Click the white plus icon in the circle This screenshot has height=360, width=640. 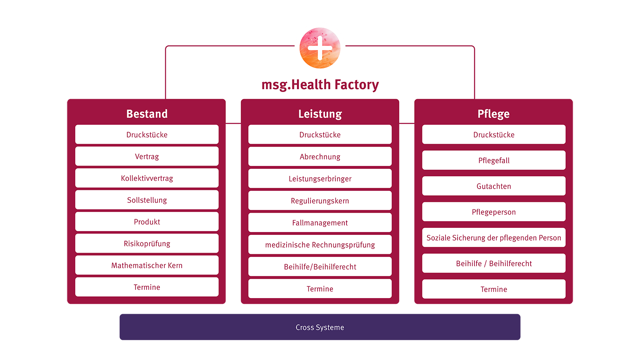[x=320, y=48]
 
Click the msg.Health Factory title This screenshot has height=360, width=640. [x=320, y=85]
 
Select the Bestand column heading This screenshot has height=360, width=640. [x=147, y=114]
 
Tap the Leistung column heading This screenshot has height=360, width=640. [x=320, y=114]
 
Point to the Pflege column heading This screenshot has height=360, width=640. [x=493, y=114]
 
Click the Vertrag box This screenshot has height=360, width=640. [x=147, y=156]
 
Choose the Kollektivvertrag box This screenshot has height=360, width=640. [x=147, y=178]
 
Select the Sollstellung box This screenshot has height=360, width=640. [x=147, y=200]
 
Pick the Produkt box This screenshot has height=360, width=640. [x=147, y=222]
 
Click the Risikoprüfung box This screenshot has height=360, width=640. [x=147, y=244]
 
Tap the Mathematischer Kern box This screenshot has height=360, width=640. [x=147, y=265]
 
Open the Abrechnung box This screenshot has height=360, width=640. [x=320, y=157]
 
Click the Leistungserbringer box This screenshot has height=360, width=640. [x=320, y=179]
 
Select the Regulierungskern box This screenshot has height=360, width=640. [x=320, y=201]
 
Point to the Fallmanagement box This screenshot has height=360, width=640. [x=320, y=223]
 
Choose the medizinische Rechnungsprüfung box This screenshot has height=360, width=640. [x=320, y=245]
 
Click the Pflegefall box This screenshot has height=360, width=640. [x=494, y=160]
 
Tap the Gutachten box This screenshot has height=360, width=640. [x=494, y=186]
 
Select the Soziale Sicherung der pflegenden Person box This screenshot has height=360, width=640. [x=494, y=238]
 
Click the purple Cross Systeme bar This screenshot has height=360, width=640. [x=320, y=327]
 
